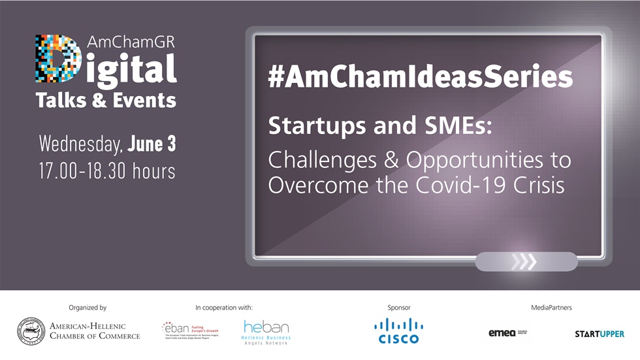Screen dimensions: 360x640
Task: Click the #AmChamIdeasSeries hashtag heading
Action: (420, 76)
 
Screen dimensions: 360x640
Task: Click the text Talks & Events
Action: (106, 100)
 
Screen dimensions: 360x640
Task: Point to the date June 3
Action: (152, 143)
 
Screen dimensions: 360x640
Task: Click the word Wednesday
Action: (81, 144)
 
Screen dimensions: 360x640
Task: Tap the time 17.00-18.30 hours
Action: (107, 171)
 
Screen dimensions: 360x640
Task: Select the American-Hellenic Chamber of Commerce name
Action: (95, 331)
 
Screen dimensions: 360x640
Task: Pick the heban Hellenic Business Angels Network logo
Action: (266, 332)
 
